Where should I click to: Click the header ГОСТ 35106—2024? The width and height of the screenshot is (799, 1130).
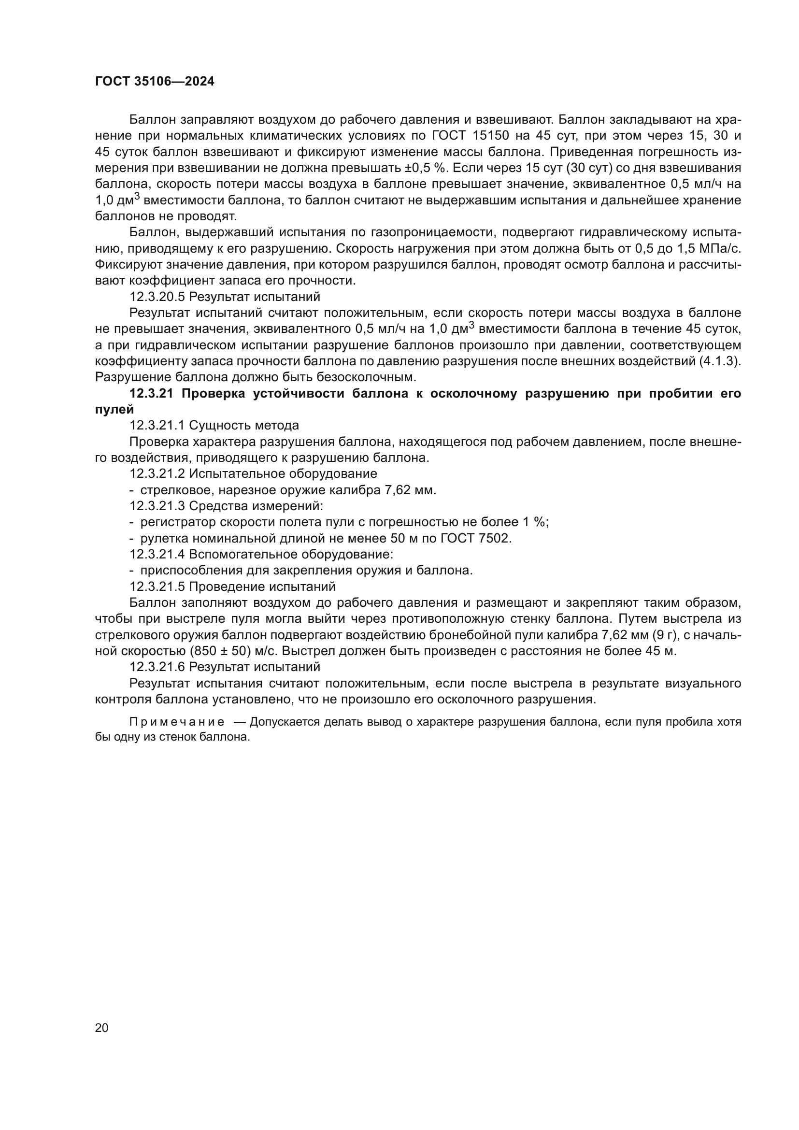pos(155,82)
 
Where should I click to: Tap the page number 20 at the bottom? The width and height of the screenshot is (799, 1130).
pos(101,1028)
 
